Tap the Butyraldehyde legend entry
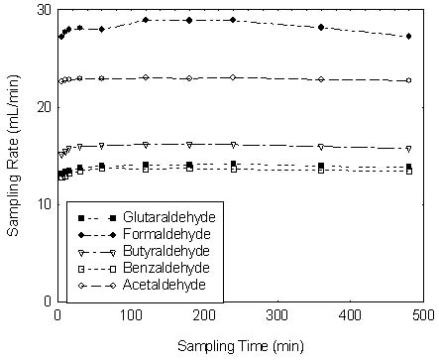171,251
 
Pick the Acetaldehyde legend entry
169,286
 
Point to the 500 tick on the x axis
423,314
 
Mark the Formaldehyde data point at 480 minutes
409,36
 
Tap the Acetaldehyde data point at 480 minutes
409,80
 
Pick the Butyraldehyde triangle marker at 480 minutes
409,149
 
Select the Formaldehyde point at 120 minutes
146,20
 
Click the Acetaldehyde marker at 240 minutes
233,77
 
